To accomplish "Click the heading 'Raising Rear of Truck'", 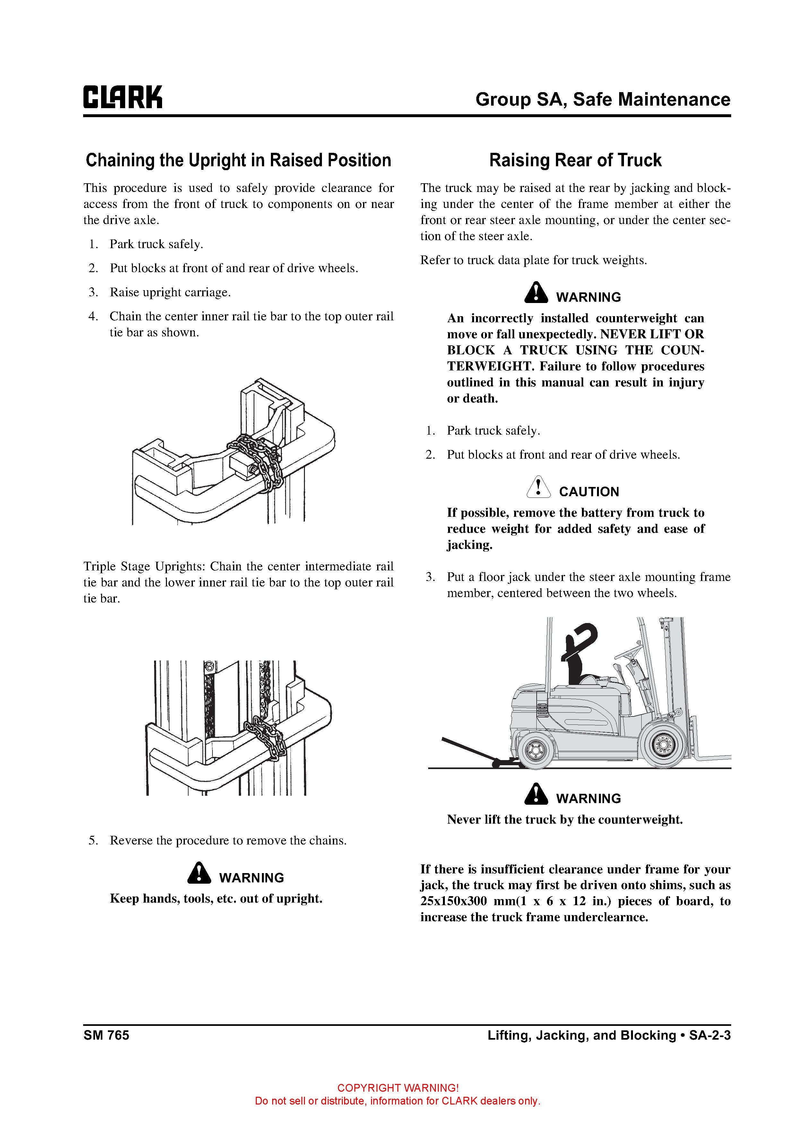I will pos(575,160).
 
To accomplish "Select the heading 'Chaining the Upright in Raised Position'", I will pos(238,160).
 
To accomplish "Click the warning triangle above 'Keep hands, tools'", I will pos(199,873).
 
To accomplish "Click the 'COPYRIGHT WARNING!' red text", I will pos(398,1088).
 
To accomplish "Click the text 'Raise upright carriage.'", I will pos(170,292).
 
